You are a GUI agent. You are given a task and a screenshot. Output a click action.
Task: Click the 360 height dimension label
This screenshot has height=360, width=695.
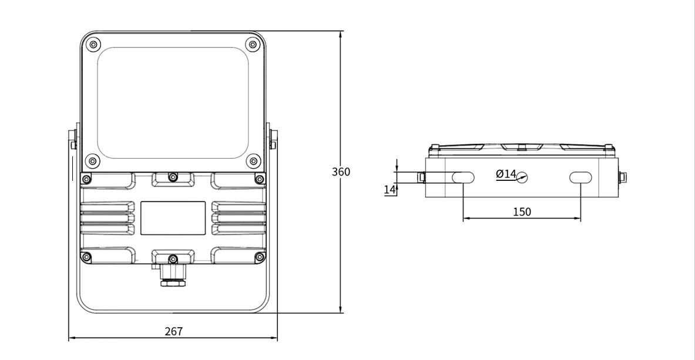point(341,171)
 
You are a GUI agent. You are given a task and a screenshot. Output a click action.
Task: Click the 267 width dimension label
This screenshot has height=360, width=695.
point(173,331)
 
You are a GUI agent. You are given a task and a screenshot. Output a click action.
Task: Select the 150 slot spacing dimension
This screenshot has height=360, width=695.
point(522,212)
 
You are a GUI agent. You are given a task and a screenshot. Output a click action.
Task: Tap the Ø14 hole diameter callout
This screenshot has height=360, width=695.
point(506,174)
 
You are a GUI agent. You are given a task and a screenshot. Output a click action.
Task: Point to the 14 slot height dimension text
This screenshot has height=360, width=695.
point(389,190)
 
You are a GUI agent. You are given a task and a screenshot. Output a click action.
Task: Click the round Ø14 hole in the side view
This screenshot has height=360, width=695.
point(522,178)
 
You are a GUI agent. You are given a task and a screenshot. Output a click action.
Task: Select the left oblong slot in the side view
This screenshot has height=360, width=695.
point(463,178)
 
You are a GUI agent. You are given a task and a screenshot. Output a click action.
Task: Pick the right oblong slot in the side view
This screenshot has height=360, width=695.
point(580,178)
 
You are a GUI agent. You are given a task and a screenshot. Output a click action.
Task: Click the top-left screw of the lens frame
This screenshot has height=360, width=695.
point(93,44)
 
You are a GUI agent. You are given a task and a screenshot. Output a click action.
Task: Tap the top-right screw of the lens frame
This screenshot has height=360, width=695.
point(253,44)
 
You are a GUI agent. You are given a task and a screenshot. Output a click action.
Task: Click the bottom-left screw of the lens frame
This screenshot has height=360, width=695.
point(93,161)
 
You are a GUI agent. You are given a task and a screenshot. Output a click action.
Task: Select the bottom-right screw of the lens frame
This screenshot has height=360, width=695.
point(253,161)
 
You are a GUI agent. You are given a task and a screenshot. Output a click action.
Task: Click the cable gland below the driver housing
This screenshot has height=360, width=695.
point(173,275)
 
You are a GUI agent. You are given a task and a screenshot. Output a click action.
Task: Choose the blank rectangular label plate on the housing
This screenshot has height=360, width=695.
point(173,218)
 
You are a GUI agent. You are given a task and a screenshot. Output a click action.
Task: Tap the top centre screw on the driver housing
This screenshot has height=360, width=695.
point(173,177)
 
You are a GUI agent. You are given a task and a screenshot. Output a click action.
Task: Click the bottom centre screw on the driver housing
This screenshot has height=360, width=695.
point(173,259)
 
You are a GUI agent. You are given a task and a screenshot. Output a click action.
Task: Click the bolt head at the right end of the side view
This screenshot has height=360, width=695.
point(622,177)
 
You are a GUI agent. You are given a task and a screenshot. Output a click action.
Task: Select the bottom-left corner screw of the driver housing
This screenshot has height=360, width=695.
point(86,257)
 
